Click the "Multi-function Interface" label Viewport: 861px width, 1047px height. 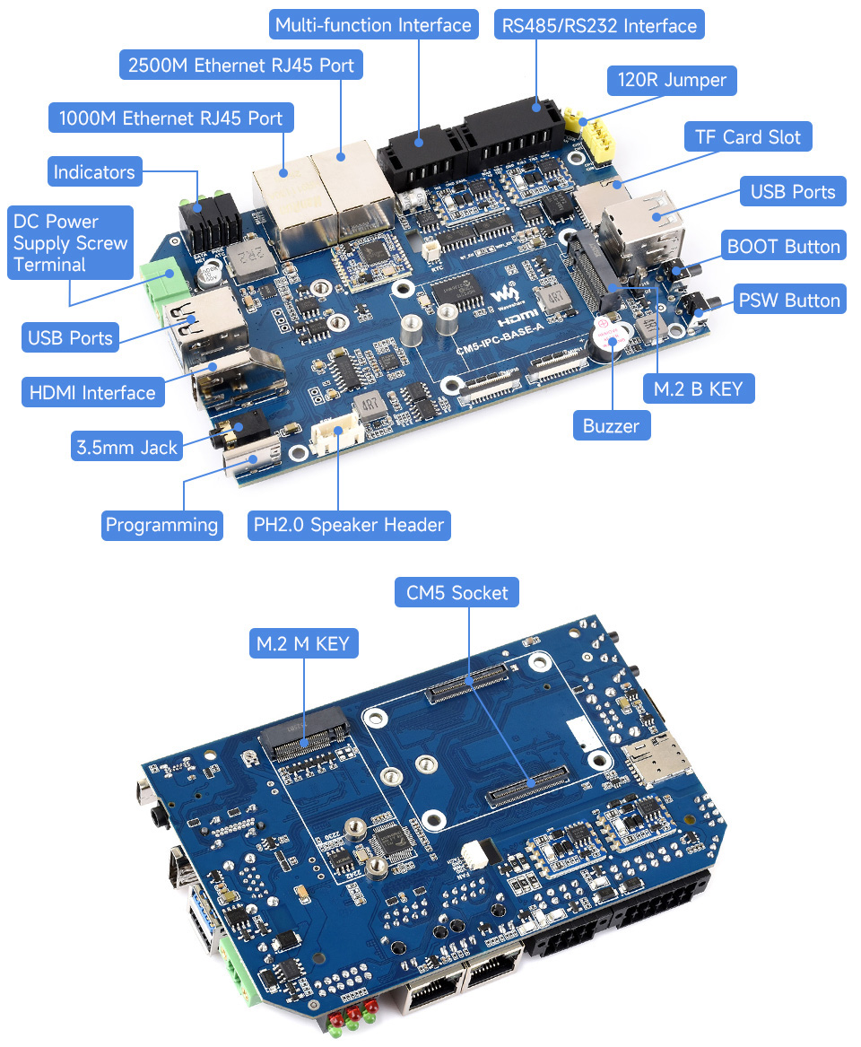373,24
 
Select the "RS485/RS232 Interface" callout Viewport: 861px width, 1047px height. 599,24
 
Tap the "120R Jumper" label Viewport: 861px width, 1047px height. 672,80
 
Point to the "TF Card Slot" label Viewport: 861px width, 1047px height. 748,137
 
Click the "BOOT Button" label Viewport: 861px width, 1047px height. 784,247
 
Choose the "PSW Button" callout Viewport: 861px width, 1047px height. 789,300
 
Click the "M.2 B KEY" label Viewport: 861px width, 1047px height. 699,388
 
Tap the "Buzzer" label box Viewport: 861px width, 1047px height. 611,425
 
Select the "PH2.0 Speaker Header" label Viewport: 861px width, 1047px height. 349,525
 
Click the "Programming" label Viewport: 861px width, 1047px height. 161,525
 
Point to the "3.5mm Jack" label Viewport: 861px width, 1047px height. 126,446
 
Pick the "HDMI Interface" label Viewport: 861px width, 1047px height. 92,392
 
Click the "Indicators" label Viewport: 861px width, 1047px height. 94,172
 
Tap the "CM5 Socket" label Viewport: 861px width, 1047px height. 457,592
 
